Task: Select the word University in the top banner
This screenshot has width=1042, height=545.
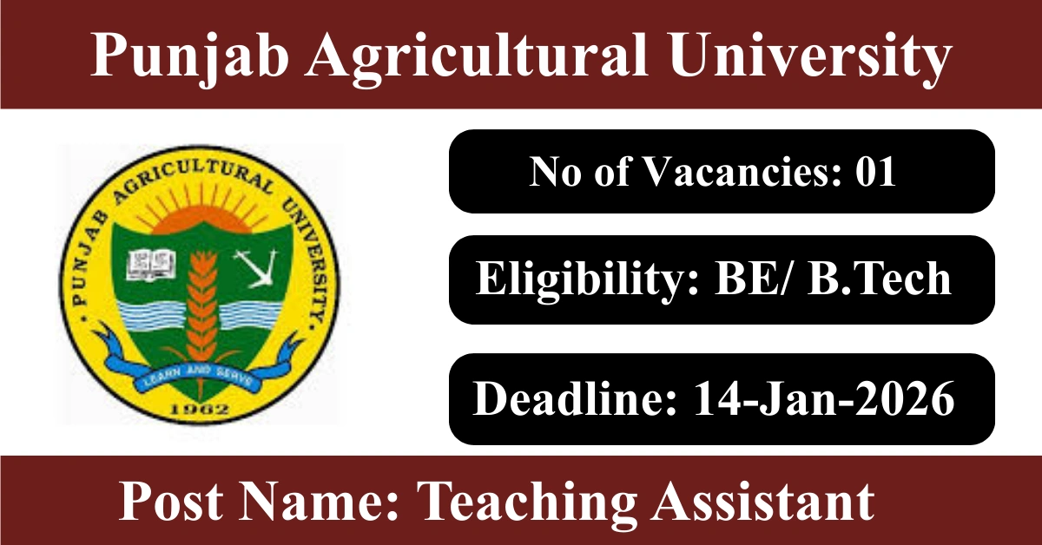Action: [x=810, y=56]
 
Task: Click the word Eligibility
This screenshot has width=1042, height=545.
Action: [x=587, y=280]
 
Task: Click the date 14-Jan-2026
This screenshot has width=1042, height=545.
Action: [x=823, y=398]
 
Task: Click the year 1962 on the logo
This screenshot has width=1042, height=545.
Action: [x=201, y=410]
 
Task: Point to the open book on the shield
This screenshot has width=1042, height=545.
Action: [x=151, y=265]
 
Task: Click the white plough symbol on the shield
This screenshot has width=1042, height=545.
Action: [x=256, y=269]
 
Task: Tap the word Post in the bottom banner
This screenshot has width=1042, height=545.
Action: [x=171, y=502]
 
